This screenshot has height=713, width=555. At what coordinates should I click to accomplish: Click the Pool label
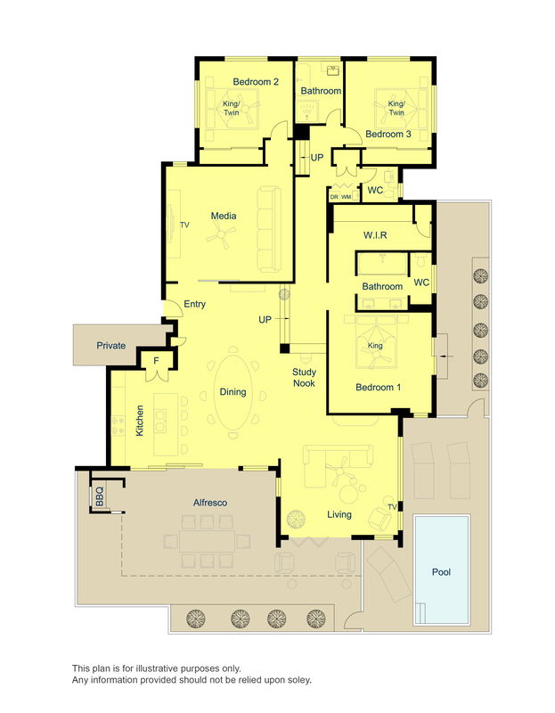[441, 572]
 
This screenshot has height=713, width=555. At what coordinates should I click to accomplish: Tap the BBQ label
[100, 493]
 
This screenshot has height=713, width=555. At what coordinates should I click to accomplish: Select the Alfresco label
[211, 503]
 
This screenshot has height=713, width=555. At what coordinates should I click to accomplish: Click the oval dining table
[234, 392]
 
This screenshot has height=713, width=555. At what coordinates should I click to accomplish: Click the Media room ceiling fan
[221, 235]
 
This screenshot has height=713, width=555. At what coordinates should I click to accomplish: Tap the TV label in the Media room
[185, 225]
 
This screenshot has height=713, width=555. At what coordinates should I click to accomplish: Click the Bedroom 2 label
[256, 82]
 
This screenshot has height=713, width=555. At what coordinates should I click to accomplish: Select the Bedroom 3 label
[388, 134]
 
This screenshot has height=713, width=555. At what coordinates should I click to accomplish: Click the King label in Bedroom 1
[375, 345]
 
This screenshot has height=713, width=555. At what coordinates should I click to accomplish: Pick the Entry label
[195, 305]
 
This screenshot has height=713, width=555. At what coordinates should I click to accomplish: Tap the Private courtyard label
[110, 346]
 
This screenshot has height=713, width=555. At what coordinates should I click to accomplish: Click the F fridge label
[156, 361]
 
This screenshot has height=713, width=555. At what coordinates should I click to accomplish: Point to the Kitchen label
[140, 421]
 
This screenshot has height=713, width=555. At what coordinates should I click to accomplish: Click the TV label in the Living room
[393, 507]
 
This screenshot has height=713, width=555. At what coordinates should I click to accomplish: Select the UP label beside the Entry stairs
[265, 319]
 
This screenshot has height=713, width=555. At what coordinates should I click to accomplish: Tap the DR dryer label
[334, 196]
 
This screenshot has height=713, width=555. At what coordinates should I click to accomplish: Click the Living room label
[339, 514]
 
